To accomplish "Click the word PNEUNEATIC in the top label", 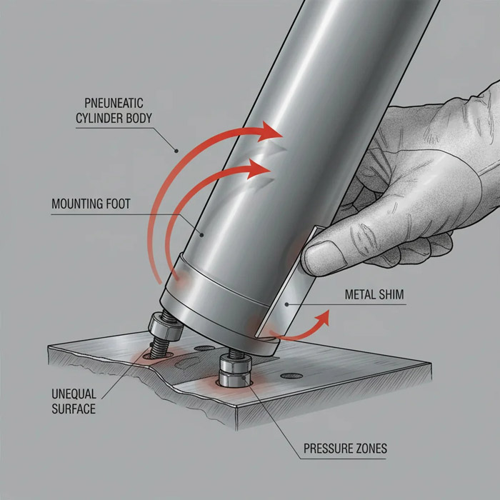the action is [114, 103].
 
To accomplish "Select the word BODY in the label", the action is [139, 118].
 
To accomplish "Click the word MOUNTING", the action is [77, 204].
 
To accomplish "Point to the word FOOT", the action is [119, 204].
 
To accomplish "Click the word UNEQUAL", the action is [74, 394].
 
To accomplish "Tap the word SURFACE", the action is [74, 409].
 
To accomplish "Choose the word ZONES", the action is [369, 449].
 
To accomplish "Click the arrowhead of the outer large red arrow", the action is [270, 131].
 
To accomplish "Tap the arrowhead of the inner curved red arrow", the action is [259, 169].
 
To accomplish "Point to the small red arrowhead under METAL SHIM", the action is [323, 318].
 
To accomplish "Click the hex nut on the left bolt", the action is [165, 326].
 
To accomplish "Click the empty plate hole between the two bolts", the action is [204, 349].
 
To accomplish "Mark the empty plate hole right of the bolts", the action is [291, 376].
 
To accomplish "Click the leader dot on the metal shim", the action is [286, 304].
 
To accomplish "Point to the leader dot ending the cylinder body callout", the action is [176, 151].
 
